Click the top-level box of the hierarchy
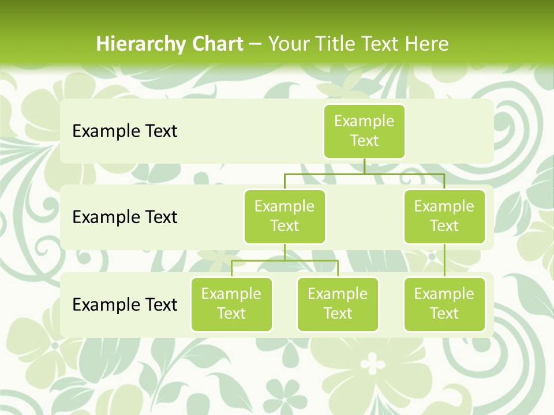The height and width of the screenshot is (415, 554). (x=364, y=131)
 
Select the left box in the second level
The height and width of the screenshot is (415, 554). (x=285, y=216)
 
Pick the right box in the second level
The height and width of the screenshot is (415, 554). (x=444, y=216)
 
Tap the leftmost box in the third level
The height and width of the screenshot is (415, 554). (x=231, y=304)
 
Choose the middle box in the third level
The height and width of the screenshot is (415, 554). (x=338, y=304)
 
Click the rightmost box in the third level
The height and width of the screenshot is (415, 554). (x=444, y=304)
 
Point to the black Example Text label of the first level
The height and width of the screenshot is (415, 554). (x=125, y=131)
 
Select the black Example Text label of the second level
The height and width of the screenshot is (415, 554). (x=125, y=217)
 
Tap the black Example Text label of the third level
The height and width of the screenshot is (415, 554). (x=125, y=304)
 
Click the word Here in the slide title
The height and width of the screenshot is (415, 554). (x=427, y=44)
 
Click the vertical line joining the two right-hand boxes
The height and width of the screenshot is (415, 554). (x=444, y=261)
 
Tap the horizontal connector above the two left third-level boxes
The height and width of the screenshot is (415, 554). (x=285, y=261)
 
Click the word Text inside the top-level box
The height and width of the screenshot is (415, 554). (x=364, y=141)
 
